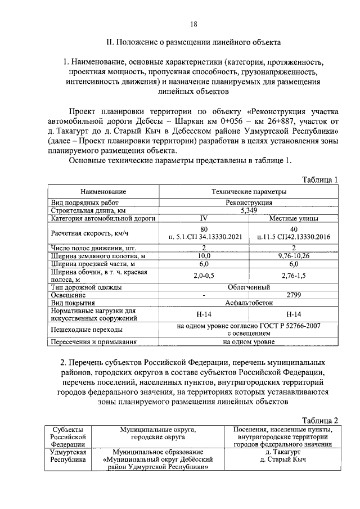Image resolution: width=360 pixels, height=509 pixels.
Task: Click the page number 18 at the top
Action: [193, 24]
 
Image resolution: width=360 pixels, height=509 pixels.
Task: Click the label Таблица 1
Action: [319, 180]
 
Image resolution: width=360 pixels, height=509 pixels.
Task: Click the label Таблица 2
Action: [319, 420]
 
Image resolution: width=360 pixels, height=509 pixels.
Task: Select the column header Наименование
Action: [103, 192]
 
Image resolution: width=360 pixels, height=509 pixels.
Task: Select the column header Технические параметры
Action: [249, 192]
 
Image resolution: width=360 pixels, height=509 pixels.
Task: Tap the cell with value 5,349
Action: [249, 210]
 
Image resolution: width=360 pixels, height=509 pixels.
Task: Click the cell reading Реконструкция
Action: [249, 202]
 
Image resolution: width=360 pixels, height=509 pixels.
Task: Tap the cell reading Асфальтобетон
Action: [249, 302]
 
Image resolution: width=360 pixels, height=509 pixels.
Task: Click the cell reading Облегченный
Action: [249, 287]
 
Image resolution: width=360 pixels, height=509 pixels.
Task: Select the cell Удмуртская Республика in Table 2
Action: [67, 455]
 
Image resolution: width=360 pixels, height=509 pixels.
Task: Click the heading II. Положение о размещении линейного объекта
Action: [193, 43]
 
